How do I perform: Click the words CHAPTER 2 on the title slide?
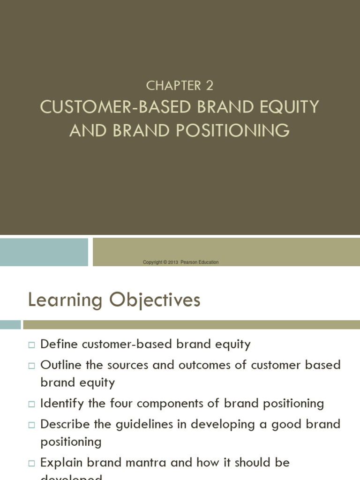pos(180,85)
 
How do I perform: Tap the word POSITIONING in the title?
pos(233,131)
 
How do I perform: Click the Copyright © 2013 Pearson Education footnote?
pos(180,262)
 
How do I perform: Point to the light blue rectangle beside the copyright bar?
pos(44,252)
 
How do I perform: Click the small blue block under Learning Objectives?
pos(10,324)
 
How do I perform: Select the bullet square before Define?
pos(31,345)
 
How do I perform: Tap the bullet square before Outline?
pos(31,365)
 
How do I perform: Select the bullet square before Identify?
pos(31,404)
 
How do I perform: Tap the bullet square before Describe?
pos(31,424)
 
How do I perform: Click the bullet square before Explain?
pos(31,463)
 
